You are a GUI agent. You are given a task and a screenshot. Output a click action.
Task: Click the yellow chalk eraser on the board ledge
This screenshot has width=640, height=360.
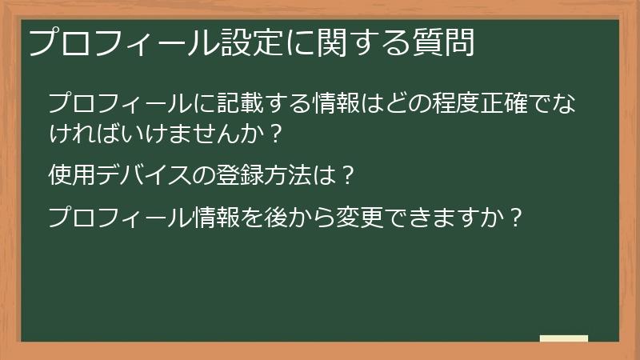click(x=564, y=338)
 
